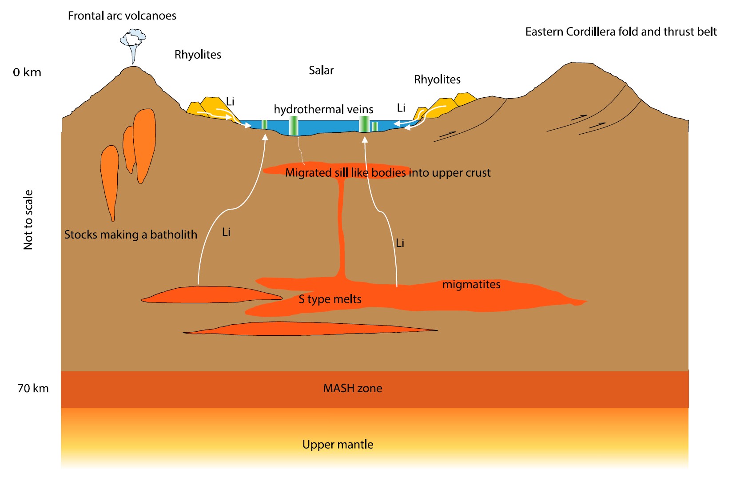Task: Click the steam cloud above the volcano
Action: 133,39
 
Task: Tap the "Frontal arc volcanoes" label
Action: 122,16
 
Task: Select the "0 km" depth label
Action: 27,72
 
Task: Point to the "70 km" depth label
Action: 33,389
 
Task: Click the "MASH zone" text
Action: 352,389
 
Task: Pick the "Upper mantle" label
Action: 338,445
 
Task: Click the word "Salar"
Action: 321,71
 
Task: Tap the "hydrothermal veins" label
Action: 323,110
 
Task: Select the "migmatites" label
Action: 471,285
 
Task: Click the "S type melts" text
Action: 330,299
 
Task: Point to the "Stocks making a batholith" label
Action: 131,235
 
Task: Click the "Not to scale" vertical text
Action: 28,220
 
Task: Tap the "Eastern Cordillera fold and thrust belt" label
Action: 621,32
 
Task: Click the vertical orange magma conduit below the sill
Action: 342,231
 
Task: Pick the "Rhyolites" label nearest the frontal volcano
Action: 198,55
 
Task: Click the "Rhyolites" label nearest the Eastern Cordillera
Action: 437,80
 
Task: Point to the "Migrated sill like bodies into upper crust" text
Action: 388,173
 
